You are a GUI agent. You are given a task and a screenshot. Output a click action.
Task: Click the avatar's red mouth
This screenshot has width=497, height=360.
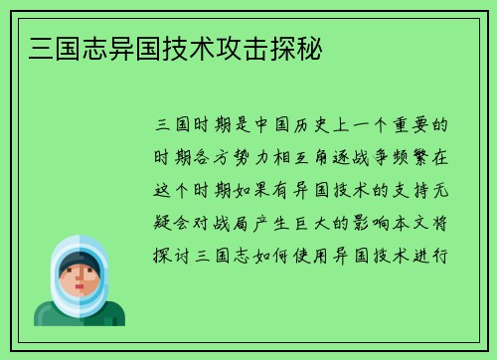(x=79, y=293)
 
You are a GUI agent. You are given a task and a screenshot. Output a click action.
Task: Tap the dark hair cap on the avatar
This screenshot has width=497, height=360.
(x=79, y=263)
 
